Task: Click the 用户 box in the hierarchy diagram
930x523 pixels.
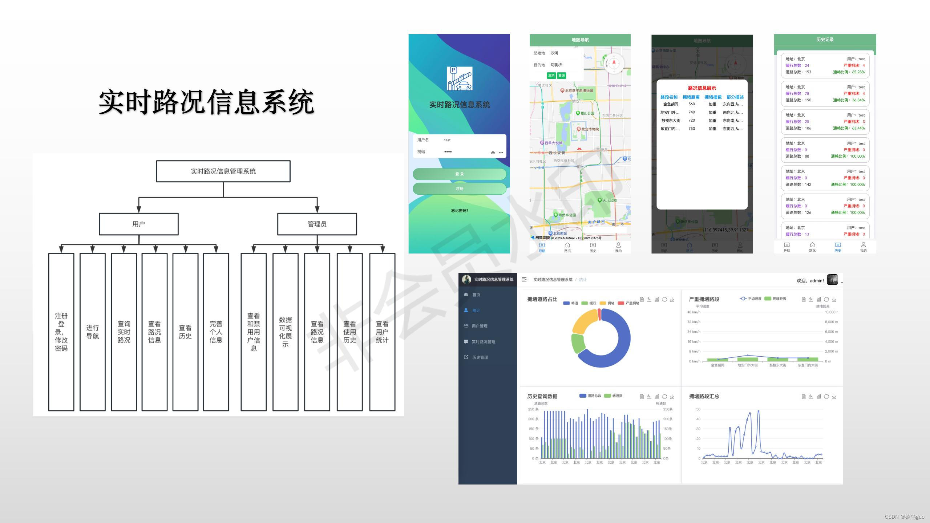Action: click(138, 224)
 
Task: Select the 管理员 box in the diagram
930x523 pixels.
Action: click(317, 224)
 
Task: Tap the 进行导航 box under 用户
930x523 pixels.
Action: click(92, 332)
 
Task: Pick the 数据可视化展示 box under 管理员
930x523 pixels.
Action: click(285, 332)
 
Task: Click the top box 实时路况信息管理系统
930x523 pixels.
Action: click(223, 171)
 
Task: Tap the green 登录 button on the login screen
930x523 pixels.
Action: click(459, 174)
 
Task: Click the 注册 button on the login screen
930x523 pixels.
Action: click(459, 188)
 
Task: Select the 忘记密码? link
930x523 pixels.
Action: click(460, 211)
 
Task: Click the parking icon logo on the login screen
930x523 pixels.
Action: click(460, 78)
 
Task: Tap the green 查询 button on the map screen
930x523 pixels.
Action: click(562, 76)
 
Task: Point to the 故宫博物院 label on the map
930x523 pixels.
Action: click(589, 129)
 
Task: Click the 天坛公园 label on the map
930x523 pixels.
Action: click(609, 200)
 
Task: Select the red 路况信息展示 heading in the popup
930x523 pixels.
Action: click(702, 88)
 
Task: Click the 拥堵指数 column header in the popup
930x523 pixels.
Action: click(713, 97)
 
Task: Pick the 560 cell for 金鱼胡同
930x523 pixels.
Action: click(691, 104)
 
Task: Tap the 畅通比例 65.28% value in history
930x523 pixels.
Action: click(858, 72)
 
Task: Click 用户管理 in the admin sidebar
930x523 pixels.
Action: click(480, 326)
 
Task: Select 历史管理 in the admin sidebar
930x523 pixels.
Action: click(480, 357)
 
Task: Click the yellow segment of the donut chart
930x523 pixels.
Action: click(583, 321)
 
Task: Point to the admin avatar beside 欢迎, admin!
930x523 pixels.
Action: click(832, 280)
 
